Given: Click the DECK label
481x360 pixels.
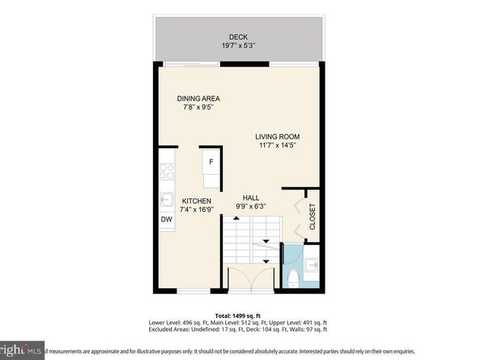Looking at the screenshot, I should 237,36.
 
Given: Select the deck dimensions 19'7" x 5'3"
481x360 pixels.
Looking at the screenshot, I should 237,46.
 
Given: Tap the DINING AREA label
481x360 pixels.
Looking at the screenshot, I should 198,99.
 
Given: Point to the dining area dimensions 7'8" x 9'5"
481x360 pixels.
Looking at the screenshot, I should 198,108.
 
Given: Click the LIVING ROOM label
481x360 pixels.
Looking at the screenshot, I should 278,137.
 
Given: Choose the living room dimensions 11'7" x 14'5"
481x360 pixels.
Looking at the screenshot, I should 278,146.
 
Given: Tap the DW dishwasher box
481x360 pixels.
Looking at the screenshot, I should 165,219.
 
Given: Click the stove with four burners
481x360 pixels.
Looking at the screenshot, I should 166,171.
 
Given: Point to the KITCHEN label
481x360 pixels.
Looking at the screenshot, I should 196,201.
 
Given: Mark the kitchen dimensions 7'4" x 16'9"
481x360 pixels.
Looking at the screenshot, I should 196,210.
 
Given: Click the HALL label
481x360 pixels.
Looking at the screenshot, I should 251,197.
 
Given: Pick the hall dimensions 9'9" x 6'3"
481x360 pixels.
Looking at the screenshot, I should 251,206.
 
